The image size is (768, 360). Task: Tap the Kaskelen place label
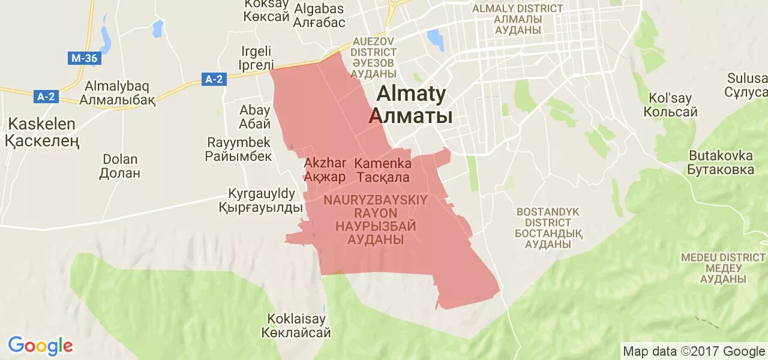point(42,133)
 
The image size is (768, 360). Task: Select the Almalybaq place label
point(117,93)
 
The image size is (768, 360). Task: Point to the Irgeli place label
point(257,58)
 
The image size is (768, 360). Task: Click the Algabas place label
point(319,16)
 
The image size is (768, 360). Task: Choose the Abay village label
point(255,117)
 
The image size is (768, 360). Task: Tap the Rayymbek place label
point(238,149)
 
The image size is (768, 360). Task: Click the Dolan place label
point(120,166)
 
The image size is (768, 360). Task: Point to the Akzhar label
point(325,169)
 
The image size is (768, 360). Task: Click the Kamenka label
point(383,170)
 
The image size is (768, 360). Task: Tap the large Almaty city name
point(411,104)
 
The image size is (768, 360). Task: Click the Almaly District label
point(518,19)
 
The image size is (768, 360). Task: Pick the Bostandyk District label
point(548,228)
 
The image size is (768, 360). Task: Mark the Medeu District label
point(723,268)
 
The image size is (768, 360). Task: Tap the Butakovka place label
point(721,162)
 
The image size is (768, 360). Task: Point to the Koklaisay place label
point(296,325)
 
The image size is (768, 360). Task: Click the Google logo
point(40,346)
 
